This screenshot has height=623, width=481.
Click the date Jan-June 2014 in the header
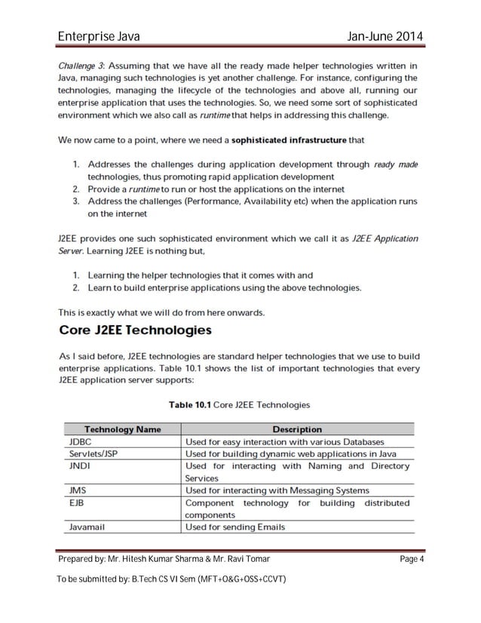tap(381, 37)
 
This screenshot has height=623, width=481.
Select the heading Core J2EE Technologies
tap(135, 330)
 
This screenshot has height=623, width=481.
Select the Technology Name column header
tap(122, 429)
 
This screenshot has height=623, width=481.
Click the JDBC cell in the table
tap(80, 441)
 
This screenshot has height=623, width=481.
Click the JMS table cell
tap(77, 490)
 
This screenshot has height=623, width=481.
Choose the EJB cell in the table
tap(76, 502)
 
